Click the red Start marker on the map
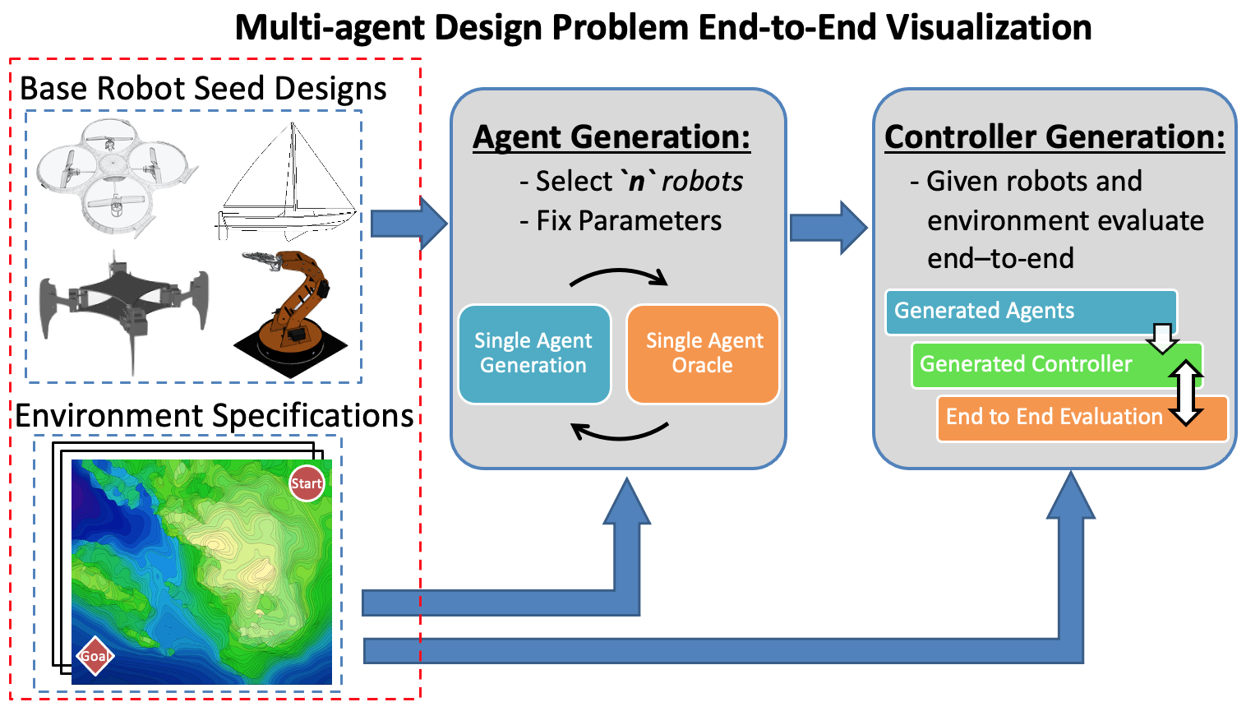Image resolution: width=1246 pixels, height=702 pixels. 307,483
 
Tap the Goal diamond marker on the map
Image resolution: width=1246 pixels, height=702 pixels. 95,656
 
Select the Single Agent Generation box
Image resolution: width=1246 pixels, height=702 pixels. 533,353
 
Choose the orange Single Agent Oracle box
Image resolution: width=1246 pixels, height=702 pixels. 704,353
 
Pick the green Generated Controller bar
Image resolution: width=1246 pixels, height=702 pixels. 1036,364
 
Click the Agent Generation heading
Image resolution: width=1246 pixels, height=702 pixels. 611,136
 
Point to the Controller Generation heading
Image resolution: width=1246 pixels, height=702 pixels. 1054,136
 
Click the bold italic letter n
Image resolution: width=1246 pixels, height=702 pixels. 637,181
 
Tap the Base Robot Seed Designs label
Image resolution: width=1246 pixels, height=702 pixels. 203,88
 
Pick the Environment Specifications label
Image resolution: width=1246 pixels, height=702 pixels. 215,416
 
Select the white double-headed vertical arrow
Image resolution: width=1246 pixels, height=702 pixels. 1185,392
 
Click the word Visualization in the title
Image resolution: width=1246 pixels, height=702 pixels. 989,27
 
